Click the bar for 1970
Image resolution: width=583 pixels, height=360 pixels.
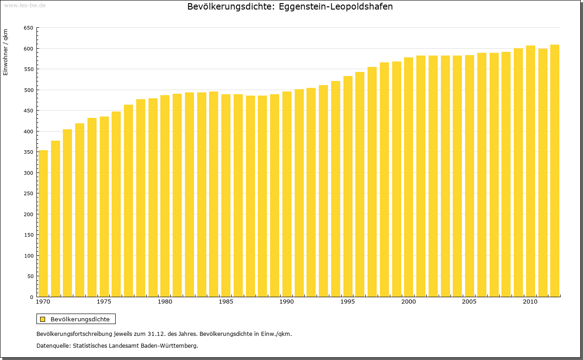tap(43, 223)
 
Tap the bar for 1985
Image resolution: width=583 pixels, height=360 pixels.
tap(226, 196)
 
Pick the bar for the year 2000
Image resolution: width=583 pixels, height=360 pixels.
tap(409, 177)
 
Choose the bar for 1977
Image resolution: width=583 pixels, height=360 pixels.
tap(128, 200)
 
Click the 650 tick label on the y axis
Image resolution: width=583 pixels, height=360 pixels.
tap(28, 28)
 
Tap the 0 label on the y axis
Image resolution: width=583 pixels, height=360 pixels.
tap(31, 297)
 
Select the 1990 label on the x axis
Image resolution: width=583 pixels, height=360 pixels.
tap(286, 302)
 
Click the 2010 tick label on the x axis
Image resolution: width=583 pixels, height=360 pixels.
tap(530, 302)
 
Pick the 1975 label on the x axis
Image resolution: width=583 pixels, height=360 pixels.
tap(104, 302)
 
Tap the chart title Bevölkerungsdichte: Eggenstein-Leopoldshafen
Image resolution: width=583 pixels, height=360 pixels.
tap(290, 7)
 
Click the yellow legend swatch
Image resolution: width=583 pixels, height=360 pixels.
tap(43, 319)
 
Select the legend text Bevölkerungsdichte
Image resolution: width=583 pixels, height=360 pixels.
tap(80, 319)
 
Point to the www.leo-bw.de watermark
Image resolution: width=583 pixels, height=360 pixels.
tap(24, 5)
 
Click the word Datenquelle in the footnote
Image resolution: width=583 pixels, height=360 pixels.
tap(53, 346)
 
